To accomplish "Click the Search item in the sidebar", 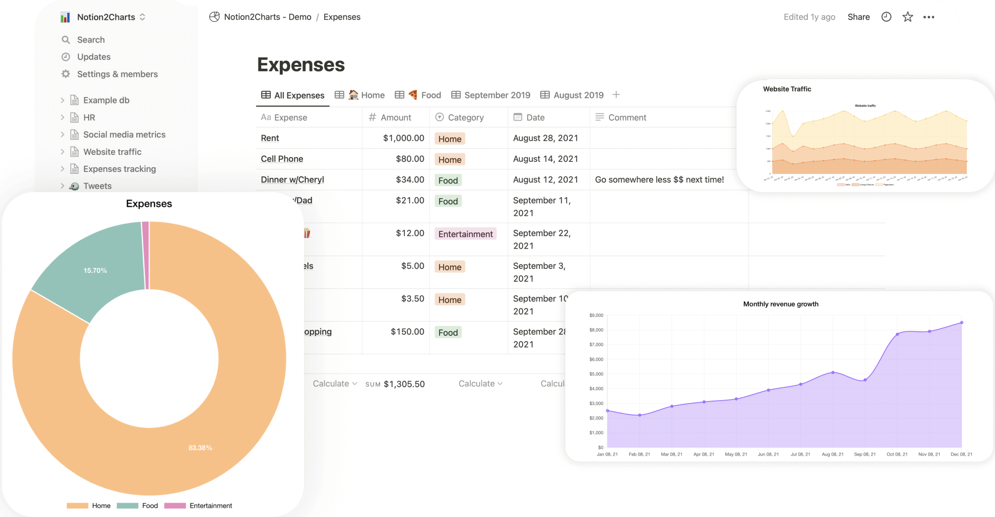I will point(91,40).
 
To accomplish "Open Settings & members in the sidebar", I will point(117,74).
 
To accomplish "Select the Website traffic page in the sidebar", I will point(112,152).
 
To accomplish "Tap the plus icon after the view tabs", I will point(616,95).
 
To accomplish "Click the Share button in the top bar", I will point(858,17).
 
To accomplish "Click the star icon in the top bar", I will point(907,17).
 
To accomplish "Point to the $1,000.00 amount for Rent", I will point(403,138).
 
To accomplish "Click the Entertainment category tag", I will point(465,234).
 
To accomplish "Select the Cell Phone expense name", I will point(282,159).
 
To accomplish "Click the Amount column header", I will point(396,117).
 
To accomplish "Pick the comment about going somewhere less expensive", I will point(659,180).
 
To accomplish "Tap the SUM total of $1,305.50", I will point(403,384).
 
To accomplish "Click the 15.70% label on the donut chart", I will point(95,270).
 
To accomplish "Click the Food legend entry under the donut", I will point(149,506).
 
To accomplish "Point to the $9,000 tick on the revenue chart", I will point(596,315).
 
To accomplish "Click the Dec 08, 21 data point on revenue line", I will point(961,322).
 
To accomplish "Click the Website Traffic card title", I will point(787,89).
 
